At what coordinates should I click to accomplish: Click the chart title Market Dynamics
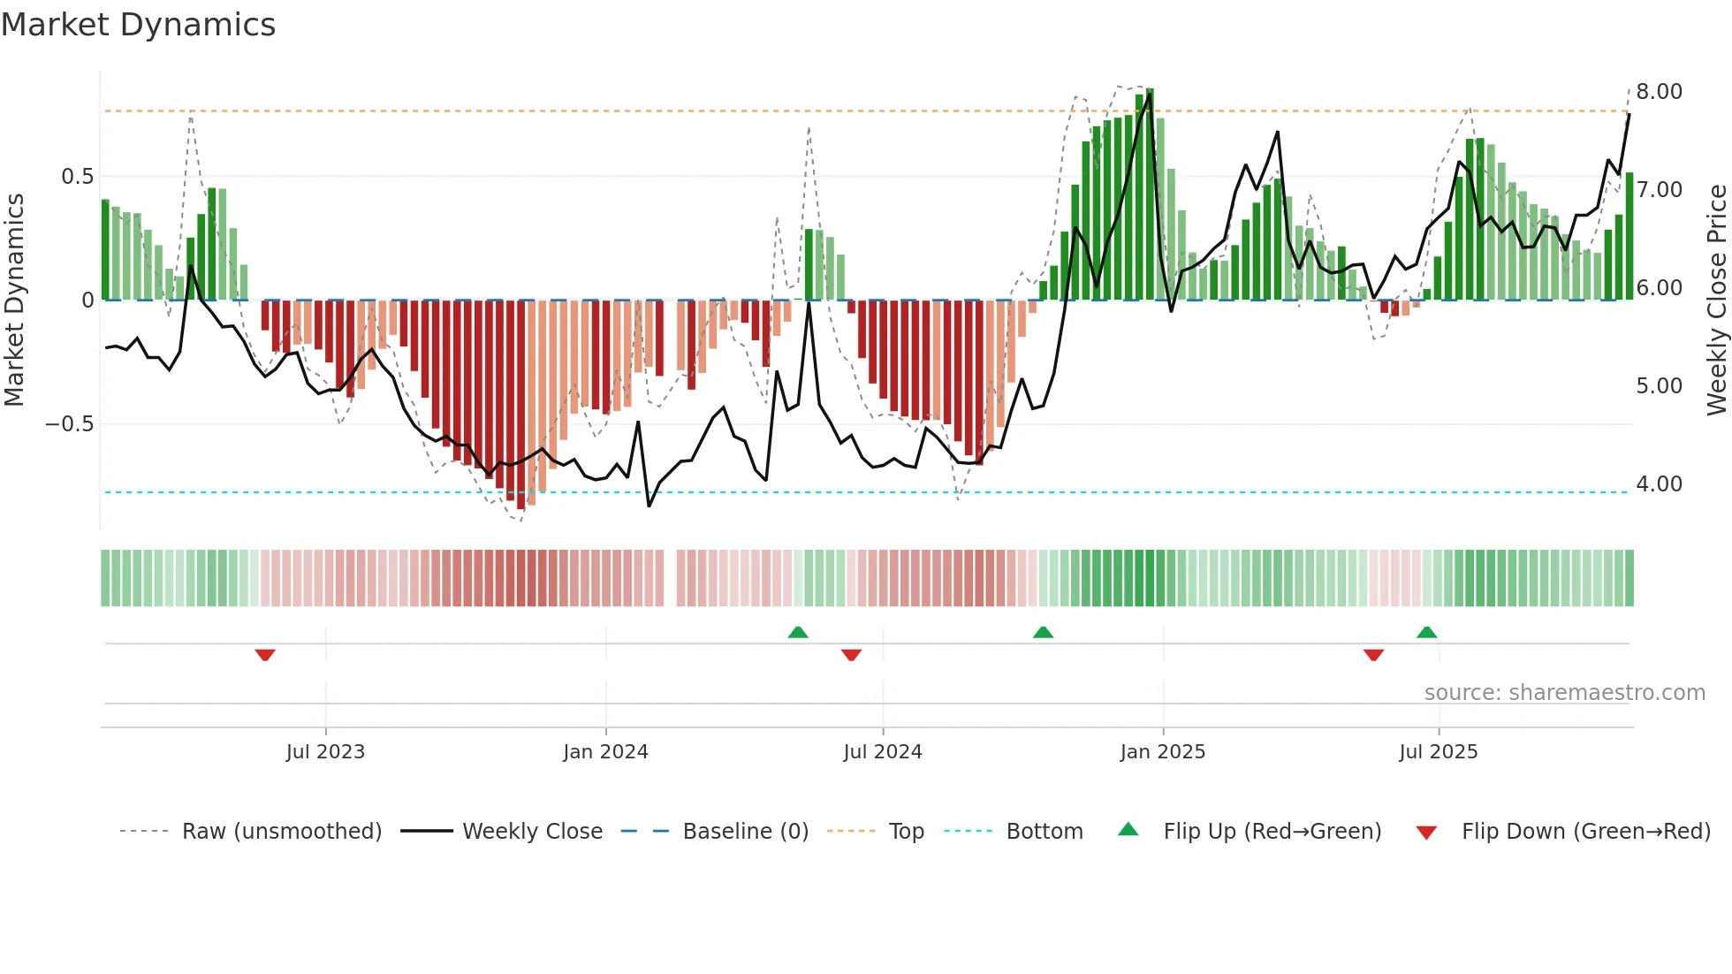tap(138, 25)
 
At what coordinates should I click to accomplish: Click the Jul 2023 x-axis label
tap(325, 752)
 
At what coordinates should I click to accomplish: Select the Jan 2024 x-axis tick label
tap(605, 752)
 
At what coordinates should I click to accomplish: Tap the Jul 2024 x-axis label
tap(882, 752)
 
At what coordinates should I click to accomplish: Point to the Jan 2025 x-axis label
tap(1162, 752)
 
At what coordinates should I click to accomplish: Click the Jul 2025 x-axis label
tap(1438, 752)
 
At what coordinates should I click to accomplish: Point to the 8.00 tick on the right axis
tap(1659, 92)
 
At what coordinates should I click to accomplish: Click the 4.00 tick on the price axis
tap(1659, 484)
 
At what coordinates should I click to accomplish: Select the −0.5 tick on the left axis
tap(69, 424)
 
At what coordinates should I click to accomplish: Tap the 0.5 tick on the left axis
tap(77, 177)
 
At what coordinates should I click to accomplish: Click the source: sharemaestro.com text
tap(1564, 693)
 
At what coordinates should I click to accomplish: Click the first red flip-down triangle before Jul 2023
tap(265, 655)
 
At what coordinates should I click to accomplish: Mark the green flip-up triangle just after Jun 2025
tap(1426, 632)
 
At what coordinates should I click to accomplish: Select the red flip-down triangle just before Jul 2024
tap(851, 655)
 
